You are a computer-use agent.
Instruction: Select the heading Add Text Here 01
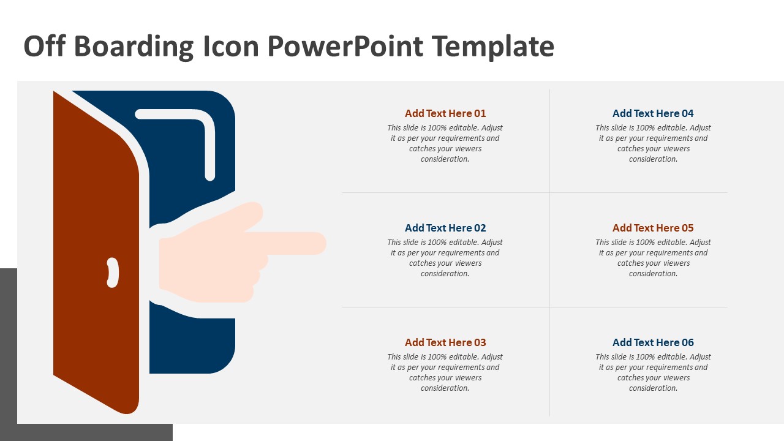tap(445, 113)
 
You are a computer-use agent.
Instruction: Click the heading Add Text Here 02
tap(445, 228)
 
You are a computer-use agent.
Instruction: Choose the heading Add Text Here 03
tap(445, 342)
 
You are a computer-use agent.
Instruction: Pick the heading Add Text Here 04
tap(653, 113)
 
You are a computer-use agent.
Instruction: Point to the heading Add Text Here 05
tap(653, 228)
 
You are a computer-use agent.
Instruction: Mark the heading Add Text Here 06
tap(653, 342)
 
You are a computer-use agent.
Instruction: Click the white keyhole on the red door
tap(113, 273)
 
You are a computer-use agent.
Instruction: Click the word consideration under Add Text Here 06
tap(653, 388)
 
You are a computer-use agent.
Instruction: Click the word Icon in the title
tap(228, 47)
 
